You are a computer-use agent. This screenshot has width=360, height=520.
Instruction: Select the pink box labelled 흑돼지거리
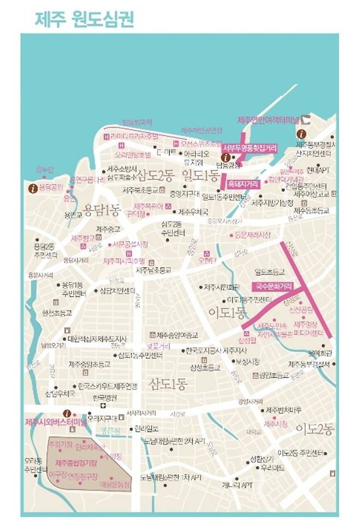[x=242, y=184]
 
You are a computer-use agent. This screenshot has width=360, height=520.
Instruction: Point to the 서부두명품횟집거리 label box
[x=249, y=148]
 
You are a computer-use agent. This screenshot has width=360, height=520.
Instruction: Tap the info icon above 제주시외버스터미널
[x=67, y=413]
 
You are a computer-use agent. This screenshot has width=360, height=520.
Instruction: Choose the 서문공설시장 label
[x=129, y=244]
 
